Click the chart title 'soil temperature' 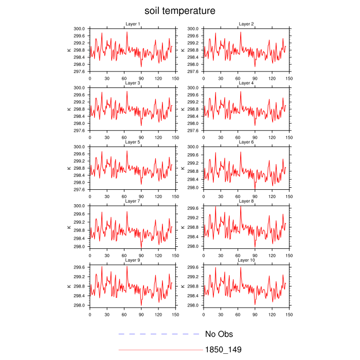(179, 11)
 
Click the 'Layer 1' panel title (132, 24)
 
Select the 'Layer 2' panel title (246, 24)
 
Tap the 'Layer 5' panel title (132, 142)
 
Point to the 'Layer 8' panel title (246, 201)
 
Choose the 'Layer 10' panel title (246, 260)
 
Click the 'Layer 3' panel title (132, 83)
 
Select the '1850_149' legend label (223, 350)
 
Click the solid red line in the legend (160, 350)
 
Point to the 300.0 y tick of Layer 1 (80, 29)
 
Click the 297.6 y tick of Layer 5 (80, 190)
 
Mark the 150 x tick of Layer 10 (289, 314)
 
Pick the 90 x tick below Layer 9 (141, 314)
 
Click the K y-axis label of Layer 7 (68, 227)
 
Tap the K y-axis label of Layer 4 (183, 109)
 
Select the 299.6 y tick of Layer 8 (194, 208)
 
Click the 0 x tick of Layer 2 (204, 78)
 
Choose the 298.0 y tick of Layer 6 (194, 188)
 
